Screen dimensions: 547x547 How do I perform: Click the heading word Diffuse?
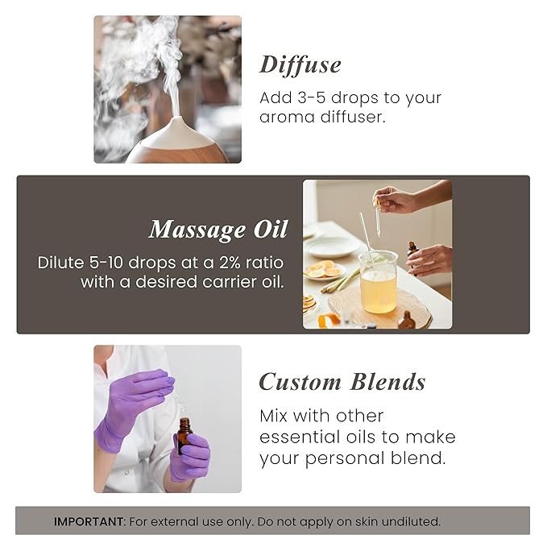tap(300, 64)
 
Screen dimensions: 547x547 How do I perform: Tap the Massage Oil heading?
tap(218, 230)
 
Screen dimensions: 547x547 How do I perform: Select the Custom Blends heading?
tap(342, 381)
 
